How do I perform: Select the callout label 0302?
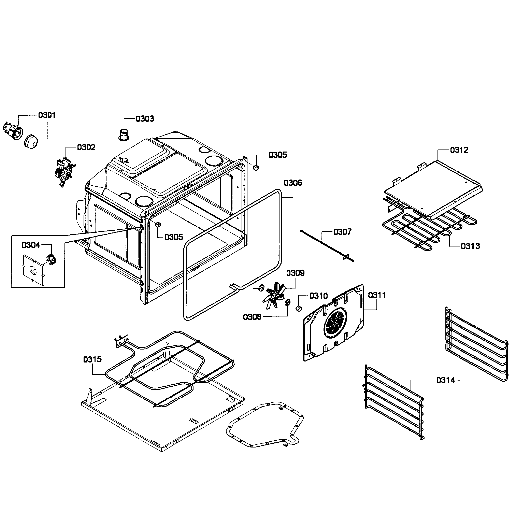click(x=86, y=147)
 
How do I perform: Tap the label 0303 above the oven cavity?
click(x=145, y=119)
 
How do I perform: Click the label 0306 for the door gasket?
click(x=293, y=183)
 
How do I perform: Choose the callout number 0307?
click(x=342, y=232)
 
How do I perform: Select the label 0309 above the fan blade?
click(x=295, y=273)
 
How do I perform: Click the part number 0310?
click(x=318, y=296)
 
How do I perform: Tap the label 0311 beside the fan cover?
click(x=377, y=295)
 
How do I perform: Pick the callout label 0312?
click(x=459, y=150)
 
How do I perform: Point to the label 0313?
click(x=470, y=246)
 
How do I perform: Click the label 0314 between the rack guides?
click(x=445, y=380)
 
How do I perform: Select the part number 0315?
click(x=92, y=359)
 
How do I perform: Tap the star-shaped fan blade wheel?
click(x=274, y=296)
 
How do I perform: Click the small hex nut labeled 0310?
click(x=299, y=308)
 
